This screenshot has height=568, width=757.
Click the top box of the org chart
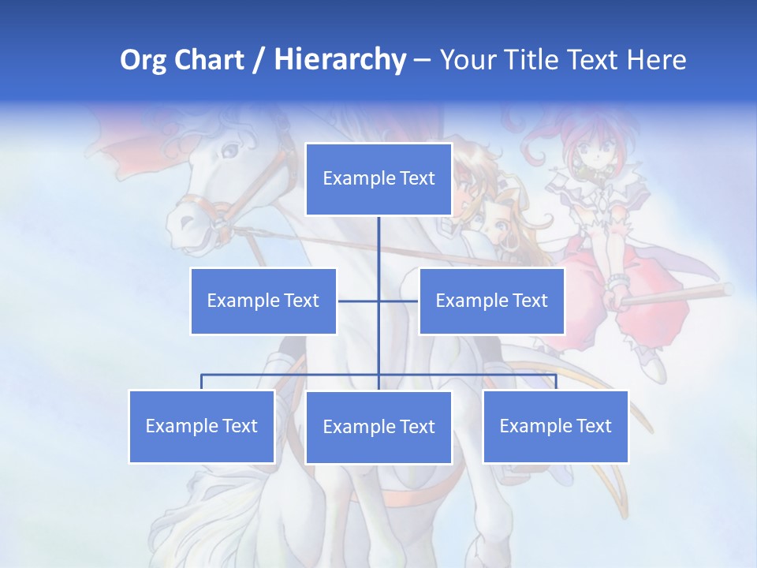coord(378,179)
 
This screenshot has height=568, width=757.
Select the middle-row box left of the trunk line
coord(263,301)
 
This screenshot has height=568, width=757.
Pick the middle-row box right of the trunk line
coord(491,301)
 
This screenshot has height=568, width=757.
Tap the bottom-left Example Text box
coord(202,426)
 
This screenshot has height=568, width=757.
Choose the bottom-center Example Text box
coord(378,427)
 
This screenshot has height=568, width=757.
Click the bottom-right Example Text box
coord(555,426)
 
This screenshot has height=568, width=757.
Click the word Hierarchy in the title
coord(339,60)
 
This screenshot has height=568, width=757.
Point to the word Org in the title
coord(143,60)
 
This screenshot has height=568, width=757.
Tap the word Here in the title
coord(656,60)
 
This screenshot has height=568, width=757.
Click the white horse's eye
coord(230,148)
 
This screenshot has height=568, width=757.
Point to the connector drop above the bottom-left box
coord(202,382)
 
